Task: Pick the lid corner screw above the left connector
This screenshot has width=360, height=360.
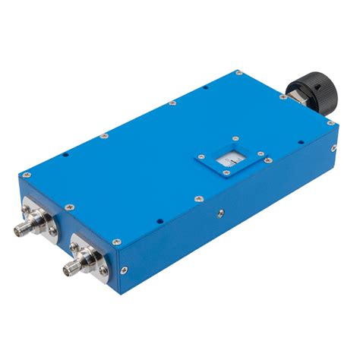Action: point(27,175)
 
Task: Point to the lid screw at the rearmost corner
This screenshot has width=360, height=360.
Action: point(238,74)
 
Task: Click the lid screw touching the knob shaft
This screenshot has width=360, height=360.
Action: point(283,98)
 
